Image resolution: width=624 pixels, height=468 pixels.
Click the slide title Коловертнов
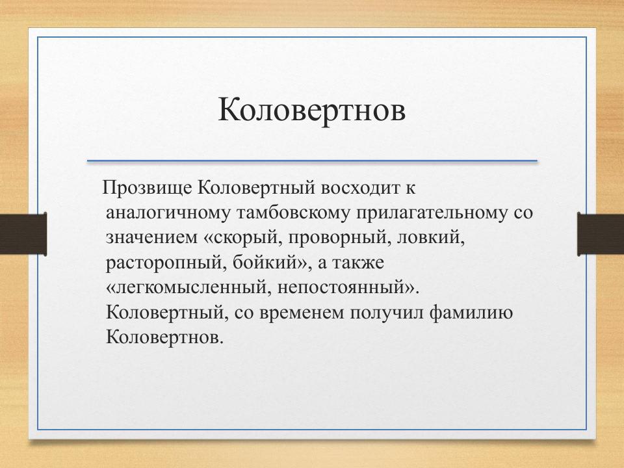tap(311, 110)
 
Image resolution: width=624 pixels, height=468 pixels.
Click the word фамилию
tap(472, 313)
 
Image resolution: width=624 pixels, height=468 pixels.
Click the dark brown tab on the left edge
tap(23, 233)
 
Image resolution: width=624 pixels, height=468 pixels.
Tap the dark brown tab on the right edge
tap(601, 233)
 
